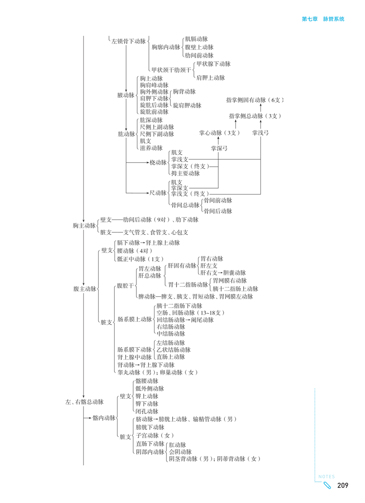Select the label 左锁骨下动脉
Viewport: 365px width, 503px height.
tap(128, 41)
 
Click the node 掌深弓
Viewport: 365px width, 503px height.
tap(219, 148)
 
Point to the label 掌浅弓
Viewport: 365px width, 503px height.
tap(260, 132)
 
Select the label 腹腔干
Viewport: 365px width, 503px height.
tap(124, 286)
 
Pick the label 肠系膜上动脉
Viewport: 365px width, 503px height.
tap(134, 320)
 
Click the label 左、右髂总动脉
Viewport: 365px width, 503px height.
tap(84, 402)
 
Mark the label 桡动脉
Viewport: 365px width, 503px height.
tap(158, 163)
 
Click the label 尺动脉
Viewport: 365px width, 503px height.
tap(158, 193)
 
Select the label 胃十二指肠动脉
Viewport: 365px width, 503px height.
tap(188, 284)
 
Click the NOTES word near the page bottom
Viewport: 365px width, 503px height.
tap(327, 477)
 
